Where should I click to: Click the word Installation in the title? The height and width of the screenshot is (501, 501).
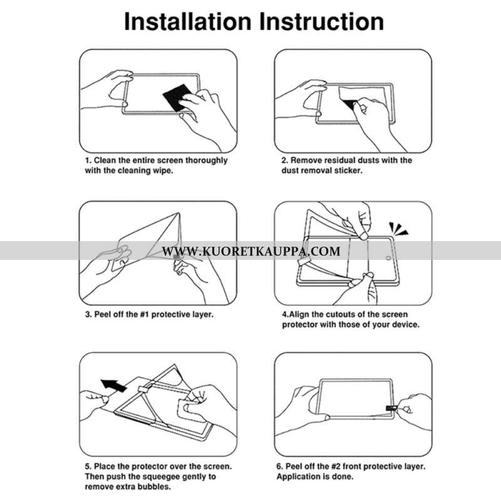pyautogui.click(x=188, y=22)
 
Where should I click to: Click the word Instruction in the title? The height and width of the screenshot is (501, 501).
pyautogui.click(x=321, y=22)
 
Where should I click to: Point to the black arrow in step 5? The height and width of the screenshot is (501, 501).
pyautogui.click(x=114, y=385)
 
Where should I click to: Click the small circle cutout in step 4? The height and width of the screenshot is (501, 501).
pyautogui.click(x=388, y=258)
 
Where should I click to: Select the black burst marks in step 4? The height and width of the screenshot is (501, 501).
pyautogui.click(x=398, y=229)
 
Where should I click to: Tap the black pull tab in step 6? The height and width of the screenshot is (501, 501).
pyautogui.click(x=391, y=408)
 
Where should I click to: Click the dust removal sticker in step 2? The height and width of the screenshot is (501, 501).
pyautogui.click(x=348, y=96)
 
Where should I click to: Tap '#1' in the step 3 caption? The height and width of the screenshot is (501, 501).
pyautogui.click(x=145, y=314)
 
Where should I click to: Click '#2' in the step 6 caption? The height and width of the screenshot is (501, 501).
pyautogui.click(x=336, y=467)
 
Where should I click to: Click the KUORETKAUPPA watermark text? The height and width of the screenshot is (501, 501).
pyautogui.click(x=251, y=251)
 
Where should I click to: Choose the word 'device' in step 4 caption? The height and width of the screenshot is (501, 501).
pyautogui.click(x=406, y=324)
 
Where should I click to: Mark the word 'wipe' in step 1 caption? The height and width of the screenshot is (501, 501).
pyautogui.click(x=163, y=171)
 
